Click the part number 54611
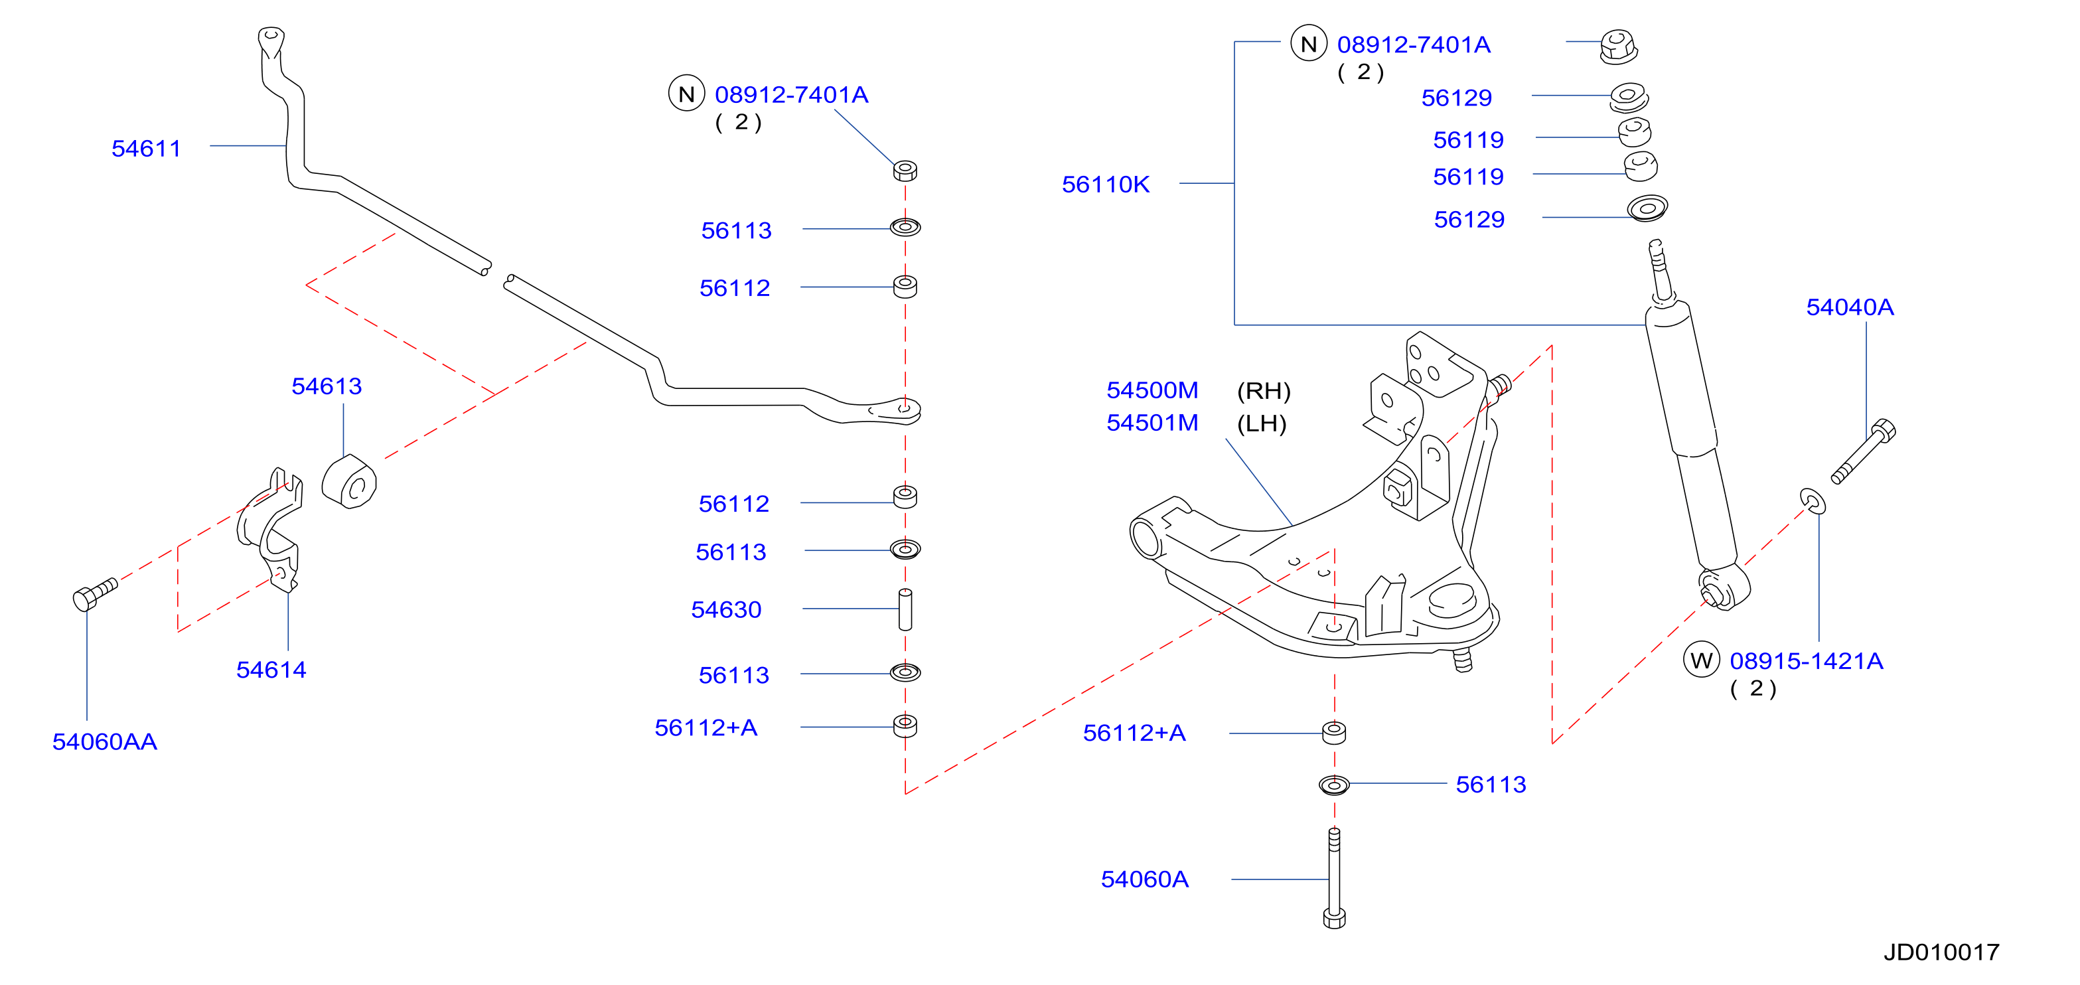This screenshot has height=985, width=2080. tap(146, 149)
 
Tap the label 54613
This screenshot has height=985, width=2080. tap(327, 386)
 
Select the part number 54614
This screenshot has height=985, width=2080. tap(271, 669)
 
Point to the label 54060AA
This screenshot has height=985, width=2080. tap(104, 741)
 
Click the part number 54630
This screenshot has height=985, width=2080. tap(726, 609)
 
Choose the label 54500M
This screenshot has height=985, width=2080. tap(1152, 390)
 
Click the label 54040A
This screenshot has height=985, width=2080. tap(1850, 307)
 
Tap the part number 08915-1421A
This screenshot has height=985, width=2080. tap(1807, 660)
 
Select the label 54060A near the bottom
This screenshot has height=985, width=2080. tap(1144, 879)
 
